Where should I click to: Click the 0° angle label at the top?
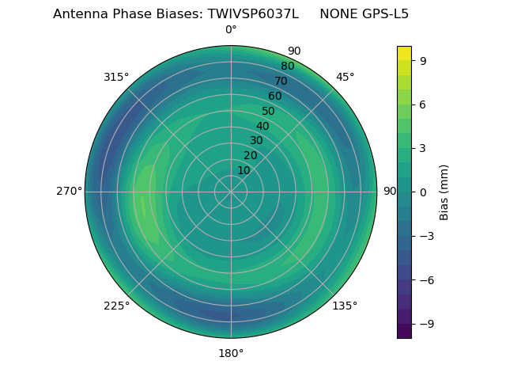click(x=231, y=30)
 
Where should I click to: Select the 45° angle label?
click(x=346, y=77)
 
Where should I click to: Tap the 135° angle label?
click(x=345, y=306)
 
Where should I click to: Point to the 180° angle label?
click(x=231, y=353)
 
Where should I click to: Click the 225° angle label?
click(x=116, y=306)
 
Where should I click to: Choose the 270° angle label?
click(x=69, y=191)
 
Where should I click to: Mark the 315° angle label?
click(x=116, y=77)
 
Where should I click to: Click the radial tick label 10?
click(x=244, y=170)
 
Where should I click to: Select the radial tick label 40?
click(x=262, y=126)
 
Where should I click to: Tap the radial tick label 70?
click(x=281, y=81)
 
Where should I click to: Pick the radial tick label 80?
click(x=287, y=66)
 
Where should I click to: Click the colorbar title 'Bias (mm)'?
click(x=444, y=192)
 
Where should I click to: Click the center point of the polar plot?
click(x=231, y=192)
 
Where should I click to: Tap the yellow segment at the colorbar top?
click(x=404, y=53)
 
